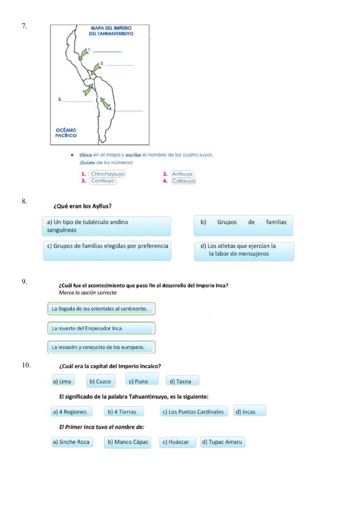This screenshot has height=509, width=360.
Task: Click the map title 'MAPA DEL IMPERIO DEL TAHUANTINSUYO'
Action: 111,31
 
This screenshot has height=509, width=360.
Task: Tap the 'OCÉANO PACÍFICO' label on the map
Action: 66,133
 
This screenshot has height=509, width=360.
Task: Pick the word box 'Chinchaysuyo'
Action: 107,174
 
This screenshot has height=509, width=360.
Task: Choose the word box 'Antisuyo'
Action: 182,174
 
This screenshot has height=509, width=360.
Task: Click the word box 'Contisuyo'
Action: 103,181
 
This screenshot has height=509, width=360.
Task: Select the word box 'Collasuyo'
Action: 184,181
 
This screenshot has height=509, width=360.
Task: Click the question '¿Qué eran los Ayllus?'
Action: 82,206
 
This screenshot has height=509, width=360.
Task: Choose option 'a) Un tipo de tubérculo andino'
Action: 106,226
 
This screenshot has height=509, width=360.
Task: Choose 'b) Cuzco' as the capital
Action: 100,381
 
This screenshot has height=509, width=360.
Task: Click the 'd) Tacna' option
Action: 182,381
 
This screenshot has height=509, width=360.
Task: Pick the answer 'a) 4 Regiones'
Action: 71,412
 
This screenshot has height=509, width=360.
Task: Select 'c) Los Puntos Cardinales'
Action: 194,412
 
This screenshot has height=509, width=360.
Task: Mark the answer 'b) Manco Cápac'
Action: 127,442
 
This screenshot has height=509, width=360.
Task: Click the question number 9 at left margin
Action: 24,282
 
